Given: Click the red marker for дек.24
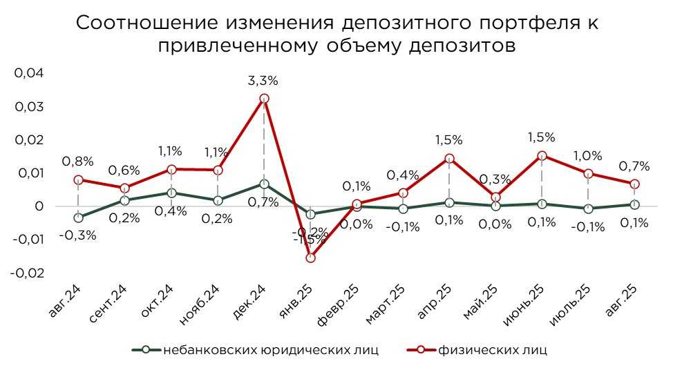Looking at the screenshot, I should tap(264, 99).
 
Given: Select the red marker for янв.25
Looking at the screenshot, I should tap(310, 257).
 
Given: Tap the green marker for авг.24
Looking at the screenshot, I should tap(79, 217).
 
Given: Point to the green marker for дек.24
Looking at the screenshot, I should tap(264, 184).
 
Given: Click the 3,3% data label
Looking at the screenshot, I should tap(263, 81).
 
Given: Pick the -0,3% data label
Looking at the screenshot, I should tap(77, 235).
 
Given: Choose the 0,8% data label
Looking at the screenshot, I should tap(77, 162).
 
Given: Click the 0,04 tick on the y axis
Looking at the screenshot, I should tap(29, 74).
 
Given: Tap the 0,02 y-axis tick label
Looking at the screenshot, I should tap(29, 140).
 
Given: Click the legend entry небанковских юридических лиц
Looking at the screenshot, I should tap(271, 349).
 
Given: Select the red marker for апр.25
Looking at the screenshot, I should tap(449, 159).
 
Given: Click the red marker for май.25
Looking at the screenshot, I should tap(495, 197).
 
